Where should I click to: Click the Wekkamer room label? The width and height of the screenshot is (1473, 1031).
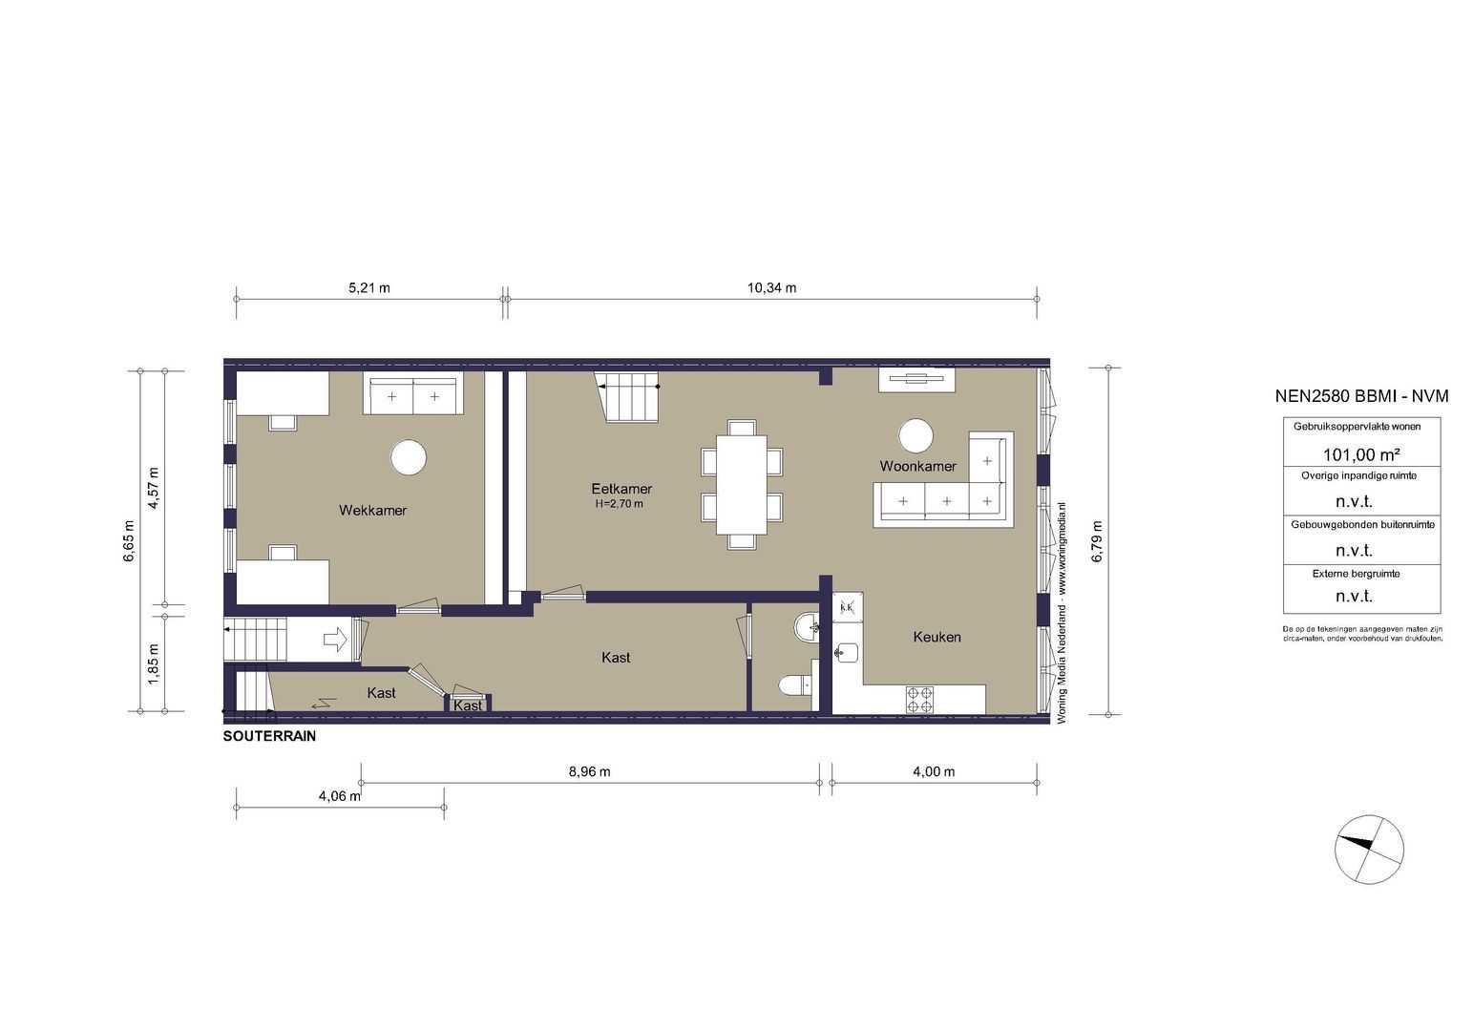point(372,511)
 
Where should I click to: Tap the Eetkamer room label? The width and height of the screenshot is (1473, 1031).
point(621,489)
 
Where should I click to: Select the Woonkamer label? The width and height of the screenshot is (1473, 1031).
point(917,467)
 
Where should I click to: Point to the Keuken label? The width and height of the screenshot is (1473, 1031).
point(936,637)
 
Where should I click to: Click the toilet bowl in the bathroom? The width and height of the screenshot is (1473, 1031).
point(792,684)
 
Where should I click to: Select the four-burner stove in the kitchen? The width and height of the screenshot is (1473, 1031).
point(920,700)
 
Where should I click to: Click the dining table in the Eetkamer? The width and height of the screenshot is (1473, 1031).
point(742,484)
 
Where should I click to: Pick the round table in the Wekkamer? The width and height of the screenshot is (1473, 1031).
point(409,457)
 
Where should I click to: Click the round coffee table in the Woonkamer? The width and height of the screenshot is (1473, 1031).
point(915,436)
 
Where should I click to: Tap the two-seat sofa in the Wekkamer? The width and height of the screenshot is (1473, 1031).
point(412,395)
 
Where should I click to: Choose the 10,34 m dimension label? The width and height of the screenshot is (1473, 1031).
point(772,287)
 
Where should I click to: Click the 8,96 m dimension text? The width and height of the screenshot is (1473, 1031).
point(589,771)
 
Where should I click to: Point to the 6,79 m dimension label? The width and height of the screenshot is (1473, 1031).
point(1097,541)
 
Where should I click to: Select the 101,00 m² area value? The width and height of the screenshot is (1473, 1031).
point(1360,454)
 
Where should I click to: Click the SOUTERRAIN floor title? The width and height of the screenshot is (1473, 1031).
point(269,737)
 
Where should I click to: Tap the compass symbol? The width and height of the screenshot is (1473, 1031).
point(1369,849)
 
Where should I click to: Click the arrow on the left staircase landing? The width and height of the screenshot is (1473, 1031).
point(336,639)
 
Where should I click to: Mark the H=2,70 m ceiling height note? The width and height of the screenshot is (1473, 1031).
point(619,504)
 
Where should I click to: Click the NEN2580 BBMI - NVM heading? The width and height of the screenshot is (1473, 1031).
point(1361,396)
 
